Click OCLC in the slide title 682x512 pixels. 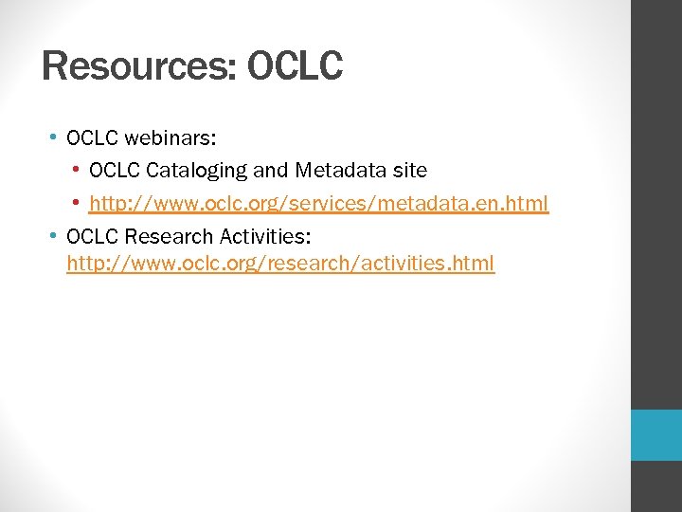click(x=295, y=66)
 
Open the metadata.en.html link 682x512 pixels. click(x=318, y=204)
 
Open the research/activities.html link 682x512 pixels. click(x=280, y=263)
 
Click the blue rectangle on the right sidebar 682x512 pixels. click(x=656, y=435)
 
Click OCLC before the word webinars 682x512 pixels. click(x=92, y=138)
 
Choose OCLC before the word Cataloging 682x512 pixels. click(x=115, y=171)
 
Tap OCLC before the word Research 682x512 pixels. click(x=92, y=234)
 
